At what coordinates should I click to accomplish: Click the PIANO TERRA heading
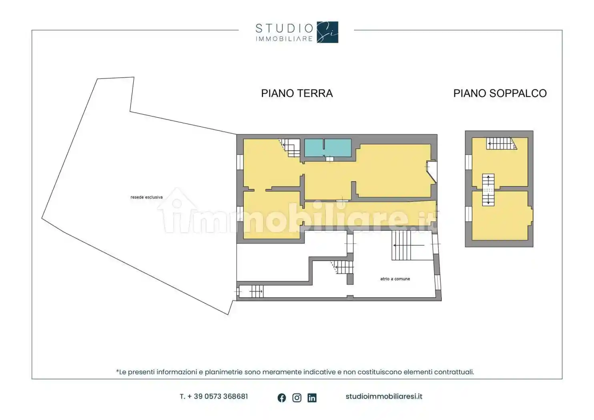point(297,93)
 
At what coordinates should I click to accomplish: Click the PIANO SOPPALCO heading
point(500,93)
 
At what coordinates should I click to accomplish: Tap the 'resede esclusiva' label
point(146,197)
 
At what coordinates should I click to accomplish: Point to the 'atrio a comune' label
point(395,279)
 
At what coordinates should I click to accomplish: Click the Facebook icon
point(282,398)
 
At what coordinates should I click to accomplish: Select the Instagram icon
point(297,398)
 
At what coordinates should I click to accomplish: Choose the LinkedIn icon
point(312,398)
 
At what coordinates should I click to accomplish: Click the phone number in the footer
point(214,396)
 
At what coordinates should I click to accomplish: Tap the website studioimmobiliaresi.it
point(383,396)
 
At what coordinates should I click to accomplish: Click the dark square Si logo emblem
point(327,32)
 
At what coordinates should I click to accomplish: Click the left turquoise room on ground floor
point(314,148)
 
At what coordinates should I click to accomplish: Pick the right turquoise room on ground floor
point(338,148)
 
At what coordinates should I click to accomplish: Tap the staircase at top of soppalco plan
point(500,143)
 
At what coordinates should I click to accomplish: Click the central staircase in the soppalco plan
point(488,190)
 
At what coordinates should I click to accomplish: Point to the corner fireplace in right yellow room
point(431,171)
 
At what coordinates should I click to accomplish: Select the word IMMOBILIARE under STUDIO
point(284,39)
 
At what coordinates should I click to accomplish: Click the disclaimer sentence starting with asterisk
point(295,372)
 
